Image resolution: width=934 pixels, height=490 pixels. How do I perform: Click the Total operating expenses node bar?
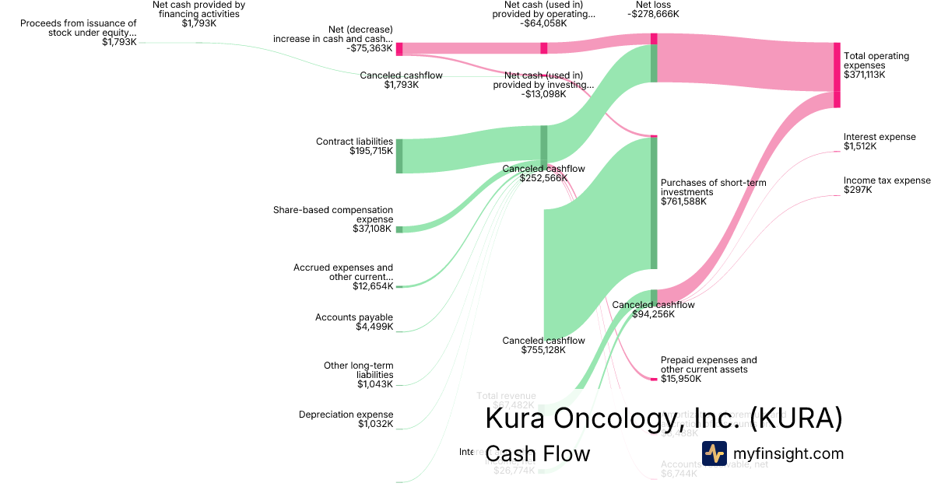point(837,75)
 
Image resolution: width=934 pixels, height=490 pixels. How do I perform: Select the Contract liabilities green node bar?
point(399,156)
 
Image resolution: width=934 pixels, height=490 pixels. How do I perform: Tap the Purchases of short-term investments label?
point(713,187)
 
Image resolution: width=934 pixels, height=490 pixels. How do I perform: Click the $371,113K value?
point(864,75)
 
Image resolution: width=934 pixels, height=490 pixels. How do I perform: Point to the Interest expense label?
point(880,137)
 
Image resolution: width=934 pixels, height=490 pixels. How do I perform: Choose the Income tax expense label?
point(887,180)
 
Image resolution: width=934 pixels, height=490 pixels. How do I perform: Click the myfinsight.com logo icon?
point(714,453)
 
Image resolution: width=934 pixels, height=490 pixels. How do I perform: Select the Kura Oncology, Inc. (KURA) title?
point(664,418)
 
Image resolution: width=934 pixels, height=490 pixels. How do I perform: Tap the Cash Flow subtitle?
point(537,453)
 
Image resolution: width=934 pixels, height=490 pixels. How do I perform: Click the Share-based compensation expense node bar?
point(399,229)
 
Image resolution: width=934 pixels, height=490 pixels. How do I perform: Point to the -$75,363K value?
point(370,48)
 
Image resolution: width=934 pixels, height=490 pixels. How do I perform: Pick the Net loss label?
point(653,4)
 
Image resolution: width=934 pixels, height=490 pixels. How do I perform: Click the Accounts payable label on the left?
point(354,317)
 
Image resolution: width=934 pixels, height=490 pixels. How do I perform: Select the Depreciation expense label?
point(346,415)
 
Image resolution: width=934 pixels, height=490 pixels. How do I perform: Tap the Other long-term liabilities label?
point(359,370)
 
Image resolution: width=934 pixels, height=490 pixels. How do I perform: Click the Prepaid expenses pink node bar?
point(654,379)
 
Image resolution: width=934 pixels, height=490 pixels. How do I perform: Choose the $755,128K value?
point(543,350)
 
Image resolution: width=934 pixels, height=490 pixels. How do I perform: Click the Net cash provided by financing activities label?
point(198,9)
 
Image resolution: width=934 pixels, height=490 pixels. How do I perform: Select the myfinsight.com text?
point(788,453)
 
